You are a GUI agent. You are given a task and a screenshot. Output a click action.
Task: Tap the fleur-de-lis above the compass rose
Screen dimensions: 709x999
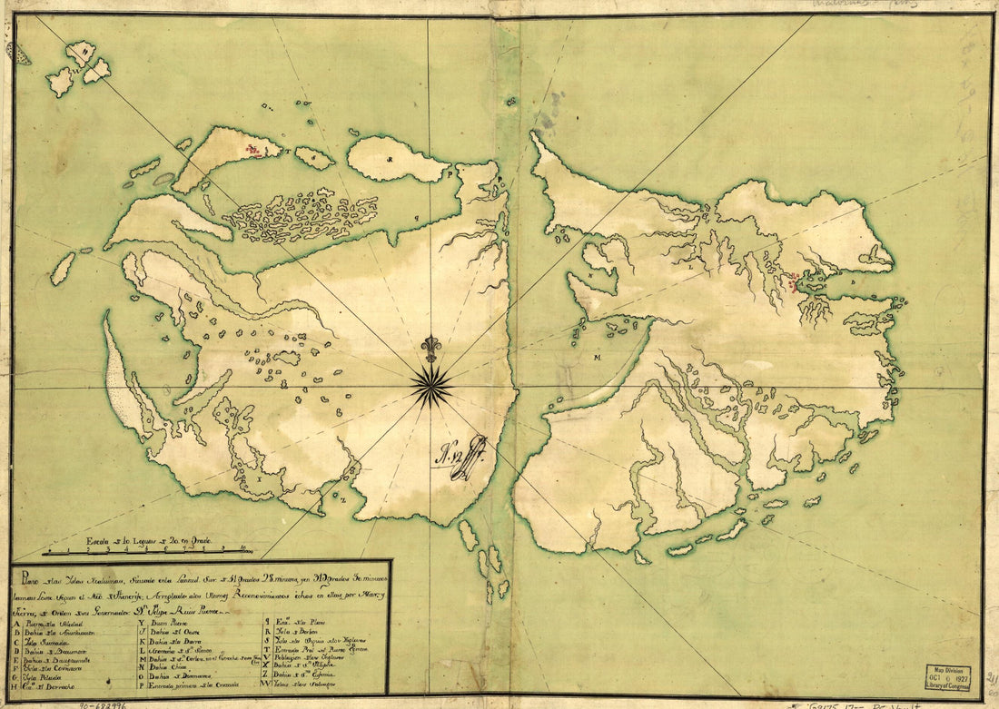430,349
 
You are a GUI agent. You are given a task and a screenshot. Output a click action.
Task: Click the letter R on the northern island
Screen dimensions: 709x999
391,160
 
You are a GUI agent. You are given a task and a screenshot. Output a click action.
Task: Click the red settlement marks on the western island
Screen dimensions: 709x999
257,148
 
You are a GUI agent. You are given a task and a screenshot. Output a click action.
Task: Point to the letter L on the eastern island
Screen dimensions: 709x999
691,268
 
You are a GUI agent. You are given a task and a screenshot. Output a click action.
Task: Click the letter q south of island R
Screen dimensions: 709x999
417,218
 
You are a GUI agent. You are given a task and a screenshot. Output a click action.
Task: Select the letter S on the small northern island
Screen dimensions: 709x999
314,158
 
